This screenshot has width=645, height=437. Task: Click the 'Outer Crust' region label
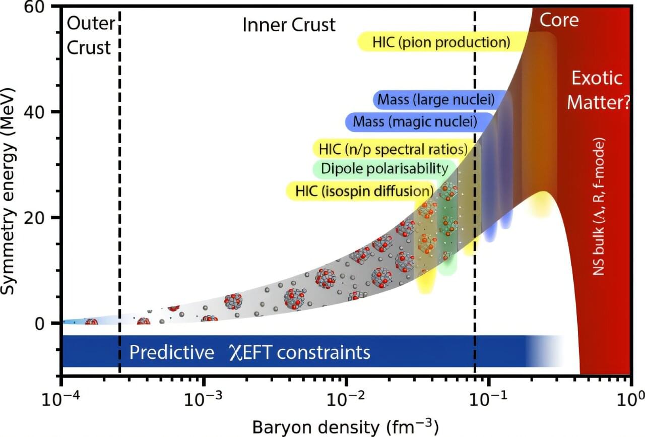coord(89,35)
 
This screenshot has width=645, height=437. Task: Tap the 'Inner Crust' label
coord(289,25)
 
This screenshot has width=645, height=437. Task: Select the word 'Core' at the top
coord(559,20)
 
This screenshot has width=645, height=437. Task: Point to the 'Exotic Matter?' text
coord(598,91)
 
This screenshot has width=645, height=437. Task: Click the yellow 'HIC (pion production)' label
coord(441,42)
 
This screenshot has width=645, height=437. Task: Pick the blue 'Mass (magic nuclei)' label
coord(418,121)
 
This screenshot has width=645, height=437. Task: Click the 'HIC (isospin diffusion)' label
coord(361,191)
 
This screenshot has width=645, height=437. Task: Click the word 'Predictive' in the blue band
coord(171,352)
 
